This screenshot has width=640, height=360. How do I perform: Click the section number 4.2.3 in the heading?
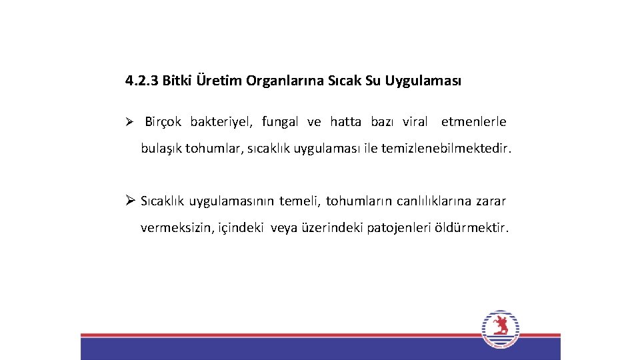coord(141,81)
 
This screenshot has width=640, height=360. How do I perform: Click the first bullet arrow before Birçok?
coord(131,122)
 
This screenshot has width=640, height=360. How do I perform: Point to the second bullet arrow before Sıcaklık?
coord(130,201)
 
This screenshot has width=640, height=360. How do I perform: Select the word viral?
coord(415,122)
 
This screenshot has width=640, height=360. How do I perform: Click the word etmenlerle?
coord(473,122)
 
